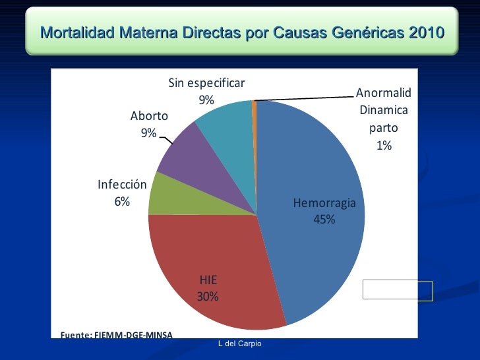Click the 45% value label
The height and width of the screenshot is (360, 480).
click(324, 219)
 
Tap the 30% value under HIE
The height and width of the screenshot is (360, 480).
click(208, 296)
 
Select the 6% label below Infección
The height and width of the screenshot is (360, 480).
click(122, 202)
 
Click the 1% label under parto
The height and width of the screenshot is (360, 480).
click(384, 146)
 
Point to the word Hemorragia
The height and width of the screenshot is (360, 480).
click(324, 203)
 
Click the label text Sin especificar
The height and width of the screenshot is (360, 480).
click(206, 83)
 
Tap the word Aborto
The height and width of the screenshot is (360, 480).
click(149, 116)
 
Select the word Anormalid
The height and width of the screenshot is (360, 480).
click(384, 93)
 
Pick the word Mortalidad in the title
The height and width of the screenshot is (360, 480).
click(77, 32)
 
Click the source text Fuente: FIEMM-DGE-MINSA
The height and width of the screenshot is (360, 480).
click(116, 335)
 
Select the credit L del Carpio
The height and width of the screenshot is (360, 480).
click(240, 344)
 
